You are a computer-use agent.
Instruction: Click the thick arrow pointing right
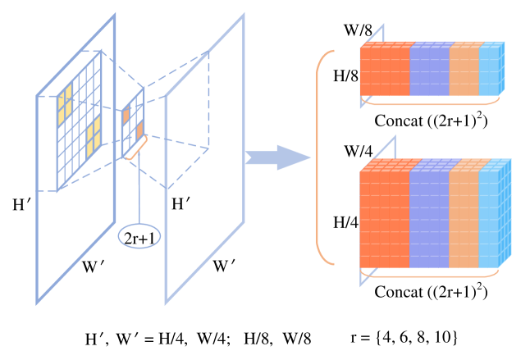point(279,157)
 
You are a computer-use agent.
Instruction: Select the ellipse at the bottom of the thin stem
point(139,235)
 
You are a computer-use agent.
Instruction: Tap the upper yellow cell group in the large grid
point(65,103)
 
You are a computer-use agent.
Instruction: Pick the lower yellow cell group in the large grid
point(94,136)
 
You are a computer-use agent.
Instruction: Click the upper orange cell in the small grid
point(126,116)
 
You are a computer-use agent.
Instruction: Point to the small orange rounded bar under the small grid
point(137,148)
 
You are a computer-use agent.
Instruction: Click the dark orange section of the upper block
point(384,71)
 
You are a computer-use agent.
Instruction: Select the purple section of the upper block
point(429,71)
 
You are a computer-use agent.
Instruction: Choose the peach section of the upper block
point(464,71)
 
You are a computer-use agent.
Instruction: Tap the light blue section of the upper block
point(490,71)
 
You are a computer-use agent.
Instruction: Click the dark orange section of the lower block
point(384,217)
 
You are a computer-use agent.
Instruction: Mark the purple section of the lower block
point(429,217)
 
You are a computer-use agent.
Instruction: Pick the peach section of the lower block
point(464,217)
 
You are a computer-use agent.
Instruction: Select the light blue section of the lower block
point(490,217)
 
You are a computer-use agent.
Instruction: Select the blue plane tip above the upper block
point(373,35)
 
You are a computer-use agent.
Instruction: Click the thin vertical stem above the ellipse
point(139,193)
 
